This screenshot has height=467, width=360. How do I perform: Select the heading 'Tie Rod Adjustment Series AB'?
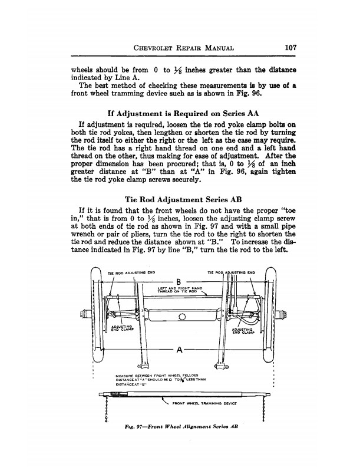tap(180, 199)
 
